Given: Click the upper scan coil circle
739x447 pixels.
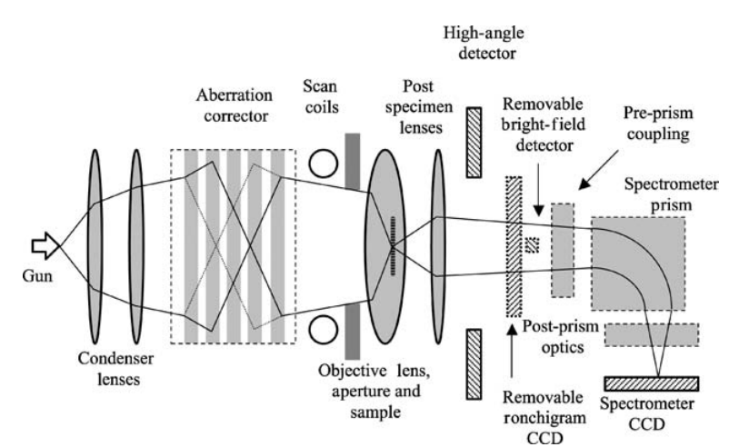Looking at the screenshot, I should [x=324, y=163].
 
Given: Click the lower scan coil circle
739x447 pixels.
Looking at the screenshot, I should [x=324, y=325].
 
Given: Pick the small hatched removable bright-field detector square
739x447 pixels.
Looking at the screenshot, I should [x=531, y=243].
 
